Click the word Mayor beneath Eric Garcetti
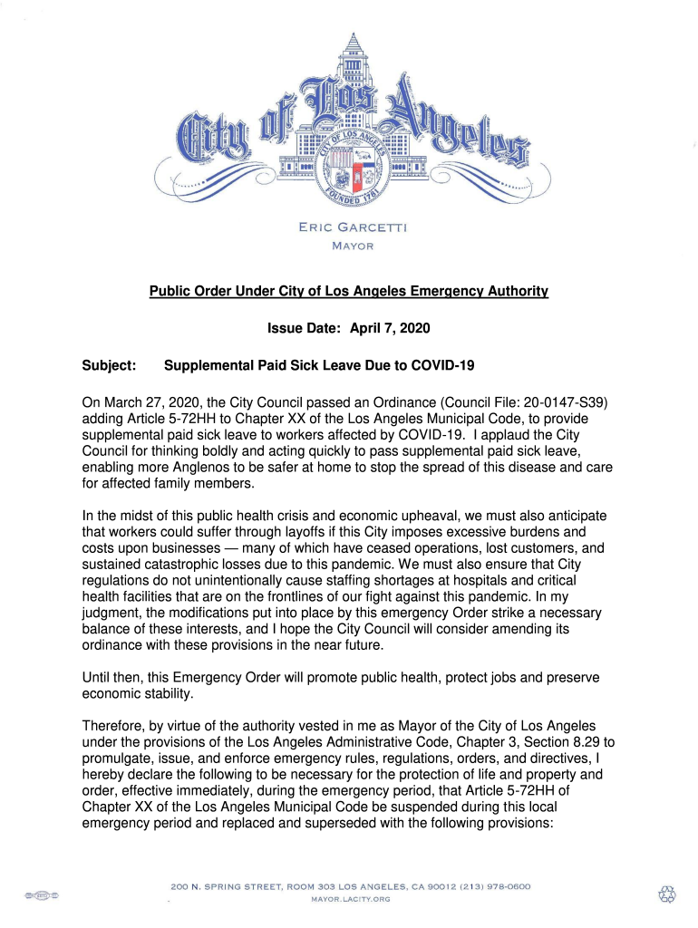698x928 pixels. pos(353,246)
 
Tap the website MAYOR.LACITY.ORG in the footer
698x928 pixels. pos(351,899)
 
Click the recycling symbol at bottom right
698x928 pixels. pos(667,894)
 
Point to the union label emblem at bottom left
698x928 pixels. pos(42,895)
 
